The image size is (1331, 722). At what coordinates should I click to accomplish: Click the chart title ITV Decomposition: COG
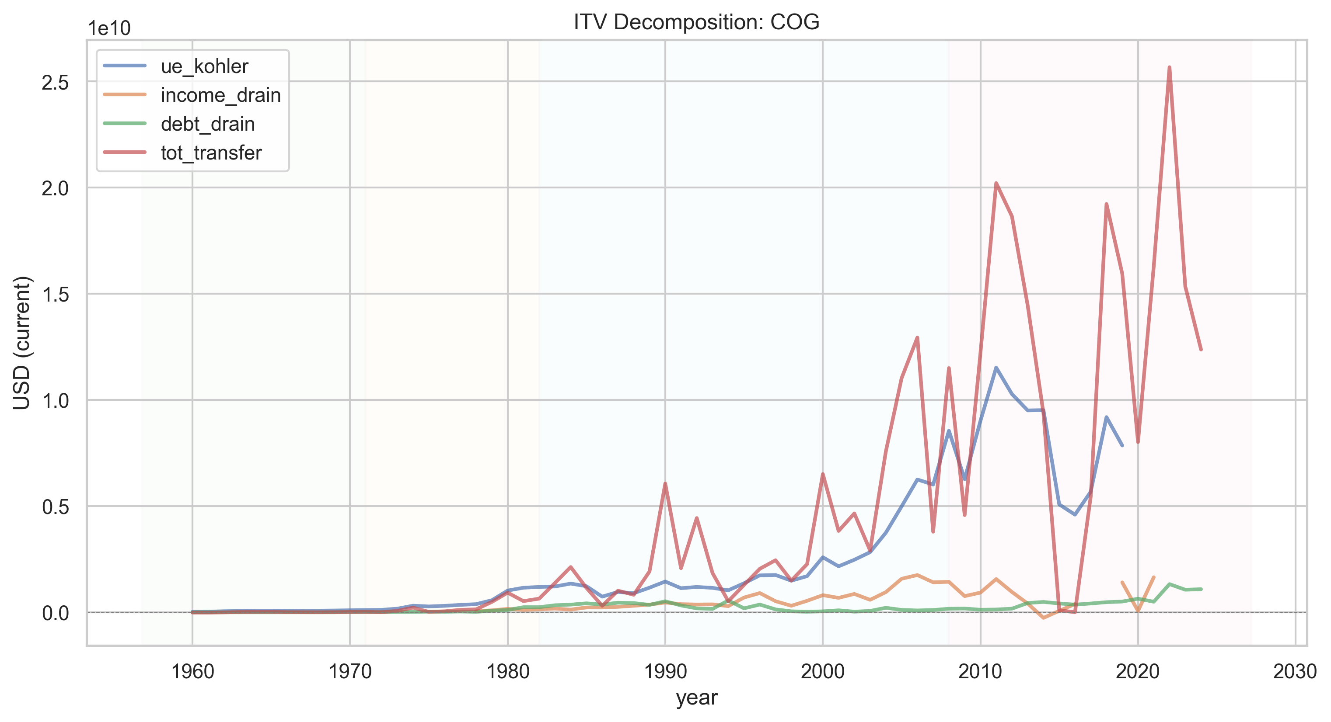(x=696, y=22)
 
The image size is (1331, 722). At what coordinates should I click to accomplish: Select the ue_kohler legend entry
(x=176, y=66)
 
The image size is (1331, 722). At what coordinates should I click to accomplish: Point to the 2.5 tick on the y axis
(x=55, y=82)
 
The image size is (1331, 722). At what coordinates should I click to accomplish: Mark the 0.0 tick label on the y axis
(x=55, y=613)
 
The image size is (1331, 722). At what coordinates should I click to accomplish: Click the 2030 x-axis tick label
(x=1295, y=672)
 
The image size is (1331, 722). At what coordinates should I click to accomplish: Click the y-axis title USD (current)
(x=22, y=343)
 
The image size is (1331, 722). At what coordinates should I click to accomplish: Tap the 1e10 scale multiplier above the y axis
(x=109, y=28)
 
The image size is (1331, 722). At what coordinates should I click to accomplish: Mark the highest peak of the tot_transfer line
(x=1169, y=67)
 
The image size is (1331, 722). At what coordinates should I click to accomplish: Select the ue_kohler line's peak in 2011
(x=996, y=367)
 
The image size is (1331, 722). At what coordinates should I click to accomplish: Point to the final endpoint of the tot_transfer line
(x=1201, y=350)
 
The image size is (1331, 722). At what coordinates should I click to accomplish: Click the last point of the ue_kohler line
(x=1122, y=445)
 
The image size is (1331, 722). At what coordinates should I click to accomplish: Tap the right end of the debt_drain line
(x=1201, y=589)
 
